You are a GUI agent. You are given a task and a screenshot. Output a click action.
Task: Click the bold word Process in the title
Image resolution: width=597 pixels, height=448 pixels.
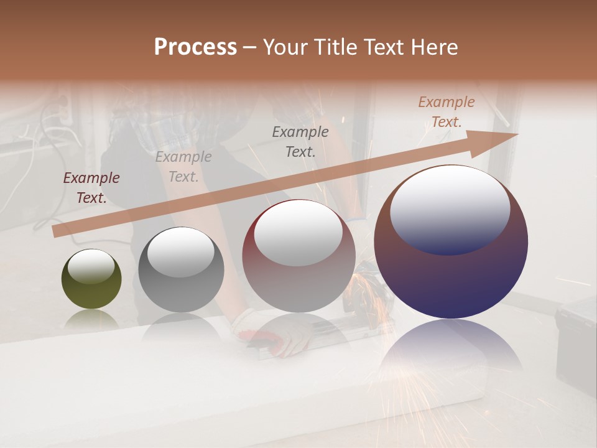click(x=195, y=47)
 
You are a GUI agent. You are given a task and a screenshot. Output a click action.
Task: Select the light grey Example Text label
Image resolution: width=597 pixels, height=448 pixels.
click(x=183, y=167)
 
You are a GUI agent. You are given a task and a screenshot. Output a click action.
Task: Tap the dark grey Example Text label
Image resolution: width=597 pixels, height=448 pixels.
click(x=300, y=141)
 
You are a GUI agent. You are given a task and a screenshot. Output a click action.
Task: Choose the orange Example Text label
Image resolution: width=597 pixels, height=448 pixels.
click(x=446, y=112)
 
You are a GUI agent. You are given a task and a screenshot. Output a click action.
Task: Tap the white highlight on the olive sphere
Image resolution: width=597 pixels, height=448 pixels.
click(x=91, y=266)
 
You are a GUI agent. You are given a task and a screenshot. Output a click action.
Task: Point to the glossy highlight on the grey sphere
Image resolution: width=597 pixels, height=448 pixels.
click(x=180, y=252)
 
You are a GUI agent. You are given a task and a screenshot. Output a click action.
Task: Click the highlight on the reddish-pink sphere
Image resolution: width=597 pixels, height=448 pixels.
click(x=298, y=233)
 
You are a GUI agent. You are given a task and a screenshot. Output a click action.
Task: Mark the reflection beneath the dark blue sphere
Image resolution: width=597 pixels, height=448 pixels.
click(x=451, y=352)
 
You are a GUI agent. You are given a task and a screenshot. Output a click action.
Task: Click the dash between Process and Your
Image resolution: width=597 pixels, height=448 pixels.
click(x=249, y=47)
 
